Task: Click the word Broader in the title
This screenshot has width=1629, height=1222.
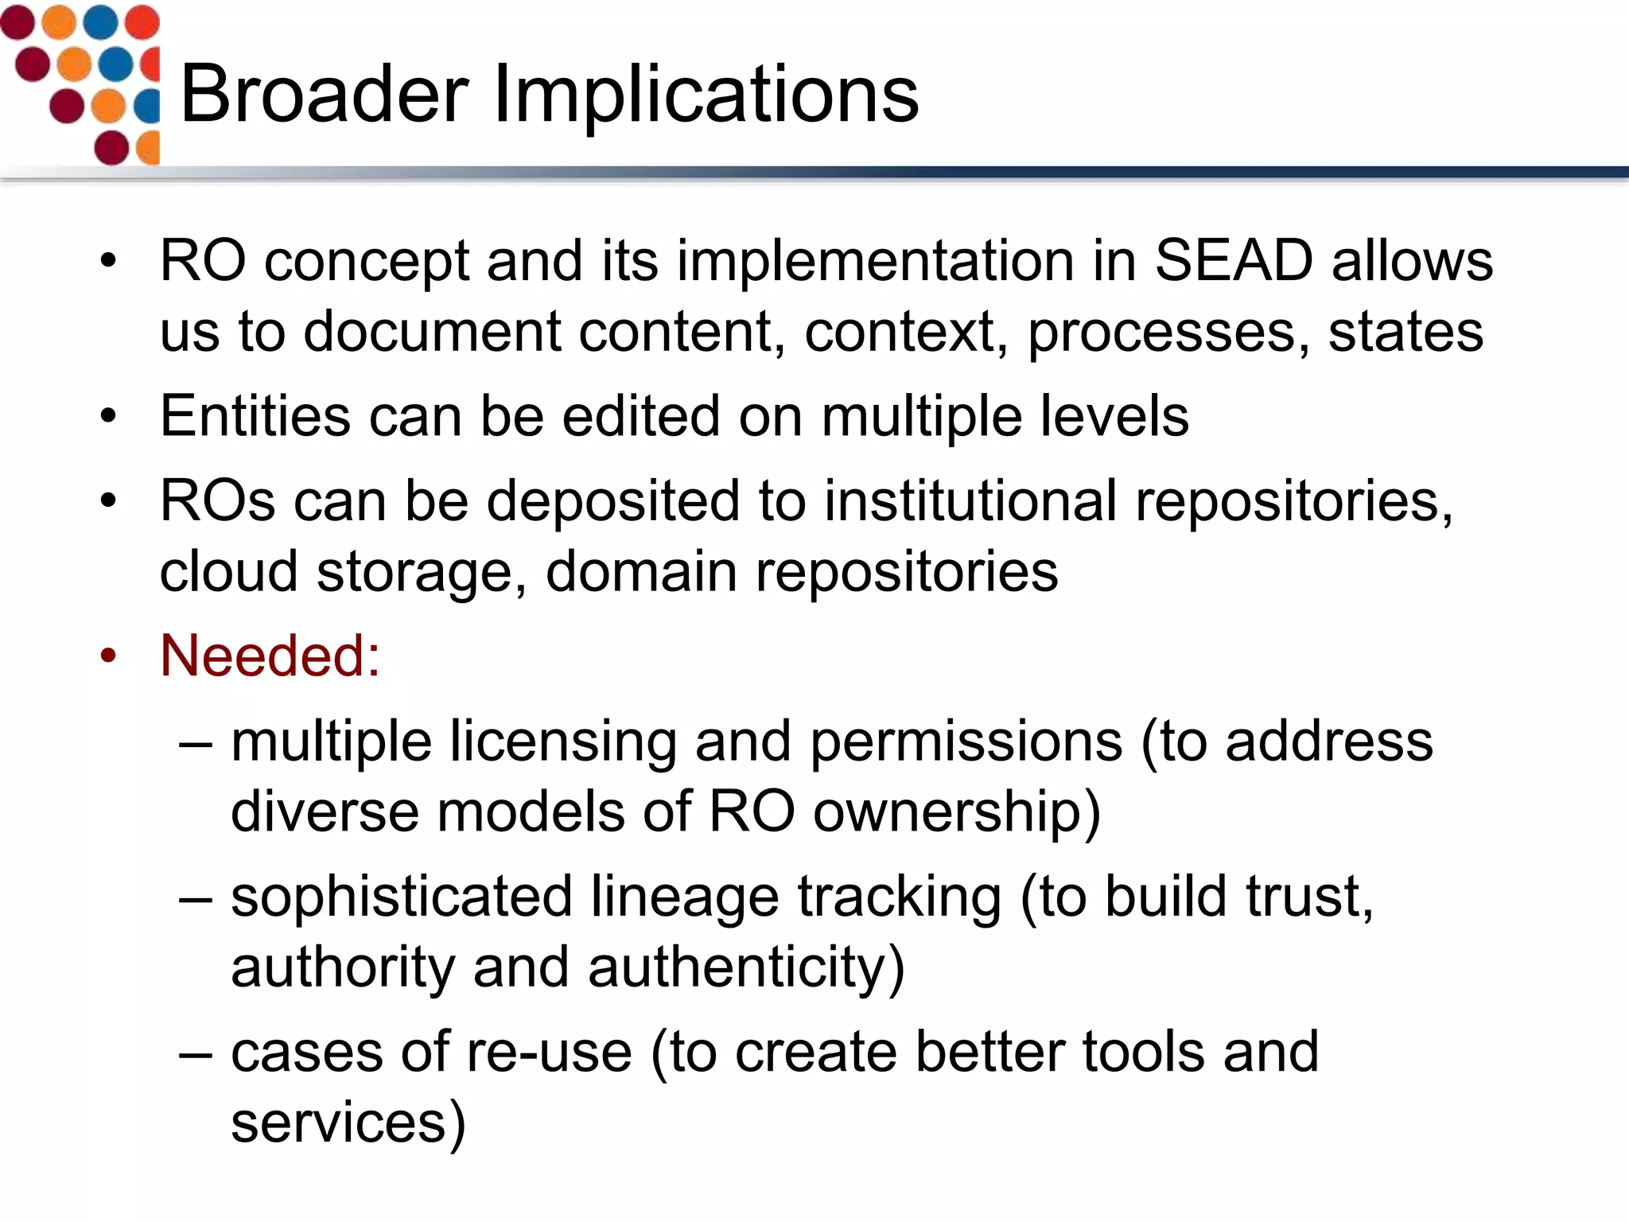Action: [325, 94]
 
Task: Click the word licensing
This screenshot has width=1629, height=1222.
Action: [562, 742]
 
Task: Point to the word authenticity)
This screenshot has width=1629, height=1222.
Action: [746, 967]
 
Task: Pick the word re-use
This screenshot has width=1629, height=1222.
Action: [549, 1052]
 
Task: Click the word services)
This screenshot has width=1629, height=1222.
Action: [348, 1122]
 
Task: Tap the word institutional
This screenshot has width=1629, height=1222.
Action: [970, 501]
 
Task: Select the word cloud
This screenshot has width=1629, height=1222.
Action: [228, 571]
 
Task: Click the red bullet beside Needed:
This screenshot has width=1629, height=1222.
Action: [108, 656]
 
